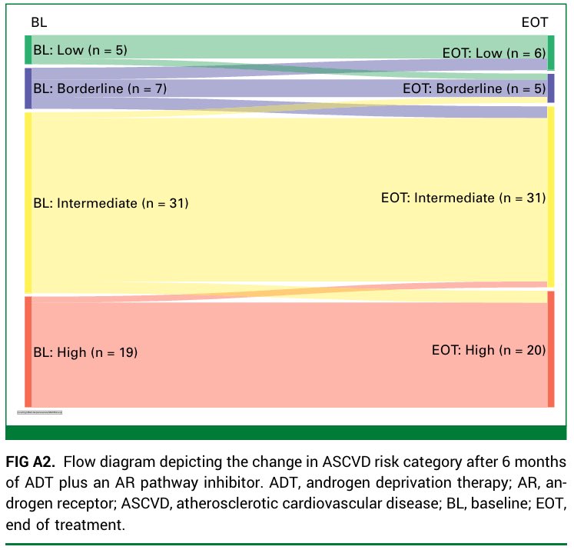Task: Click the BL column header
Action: [38, 22]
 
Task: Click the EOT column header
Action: [535, 23]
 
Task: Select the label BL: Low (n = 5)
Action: [79, 51]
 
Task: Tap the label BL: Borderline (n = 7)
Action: [100, 88]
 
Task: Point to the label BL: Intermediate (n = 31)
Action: [111, 204]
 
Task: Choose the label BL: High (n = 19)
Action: [85, 352]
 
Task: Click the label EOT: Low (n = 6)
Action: [493, 53]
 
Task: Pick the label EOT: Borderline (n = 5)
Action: [473, 88]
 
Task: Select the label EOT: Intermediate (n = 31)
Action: [463, 198]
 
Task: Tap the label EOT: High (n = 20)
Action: [488, 350]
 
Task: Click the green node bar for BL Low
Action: [28, 49]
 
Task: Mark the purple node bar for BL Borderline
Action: [28, 88]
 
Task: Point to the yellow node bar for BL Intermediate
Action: [28, 202]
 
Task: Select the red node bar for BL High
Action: [28, 352]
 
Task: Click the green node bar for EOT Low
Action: [551, 52]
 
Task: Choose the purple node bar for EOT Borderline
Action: [551, 88]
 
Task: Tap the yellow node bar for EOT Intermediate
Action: [551, 196]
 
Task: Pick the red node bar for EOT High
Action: [551, 348]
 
